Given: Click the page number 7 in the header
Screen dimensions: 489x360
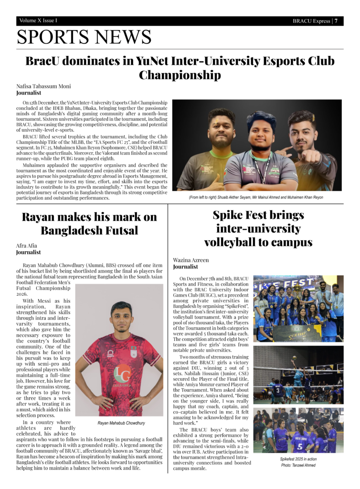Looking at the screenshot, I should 336,21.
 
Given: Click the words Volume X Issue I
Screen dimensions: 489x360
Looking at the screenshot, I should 38,21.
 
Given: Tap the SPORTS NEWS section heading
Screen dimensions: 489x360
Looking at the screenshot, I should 84,37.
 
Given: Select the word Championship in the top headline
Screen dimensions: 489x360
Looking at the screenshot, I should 180,75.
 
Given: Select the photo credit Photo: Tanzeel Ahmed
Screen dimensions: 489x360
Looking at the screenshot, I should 298,465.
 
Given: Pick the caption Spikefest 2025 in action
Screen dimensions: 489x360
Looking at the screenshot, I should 298,459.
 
